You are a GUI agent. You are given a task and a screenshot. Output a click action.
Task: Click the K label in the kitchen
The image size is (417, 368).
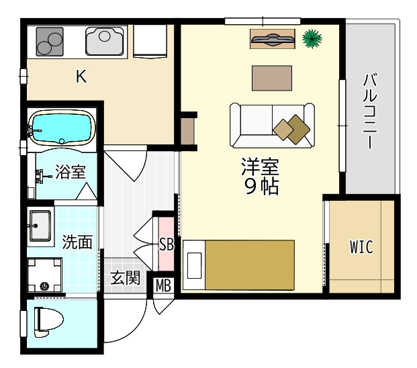(x=81, y=77)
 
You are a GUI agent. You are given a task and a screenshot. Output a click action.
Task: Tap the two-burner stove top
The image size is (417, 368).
(x=50, y=42)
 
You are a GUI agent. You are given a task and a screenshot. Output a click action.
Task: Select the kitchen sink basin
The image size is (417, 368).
(x=105, y=41)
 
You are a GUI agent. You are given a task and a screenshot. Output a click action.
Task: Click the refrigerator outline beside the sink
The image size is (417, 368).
(x=150, y=41)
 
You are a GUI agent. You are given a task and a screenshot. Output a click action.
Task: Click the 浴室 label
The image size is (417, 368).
(x=71, y=172)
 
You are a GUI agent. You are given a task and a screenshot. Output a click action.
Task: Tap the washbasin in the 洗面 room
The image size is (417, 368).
(x=40, y=226)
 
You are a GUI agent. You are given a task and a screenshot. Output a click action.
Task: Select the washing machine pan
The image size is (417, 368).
(x=45, y=275)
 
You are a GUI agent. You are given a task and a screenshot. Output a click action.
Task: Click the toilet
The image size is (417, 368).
(x=48, y=322)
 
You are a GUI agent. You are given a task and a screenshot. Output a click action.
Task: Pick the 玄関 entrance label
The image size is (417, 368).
(x=125, y=278)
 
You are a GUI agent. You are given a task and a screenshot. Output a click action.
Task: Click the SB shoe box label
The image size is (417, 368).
(x=167, y=244)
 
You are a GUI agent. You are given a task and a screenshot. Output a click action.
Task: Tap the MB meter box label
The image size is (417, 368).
(x=163, y=285)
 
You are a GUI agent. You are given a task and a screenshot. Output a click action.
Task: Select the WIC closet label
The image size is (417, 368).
(x=361, y=247)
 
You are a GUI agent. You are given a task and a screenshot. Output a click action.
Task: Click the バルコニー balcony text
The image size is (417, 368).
(x=370, y=111)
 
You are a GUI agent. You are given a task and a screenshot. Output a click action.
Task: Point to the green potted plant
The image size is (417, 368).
(x=312, y=39)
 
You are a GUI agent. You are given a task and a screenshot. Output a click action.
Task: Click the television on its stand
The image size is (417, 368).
(x=273, y=39)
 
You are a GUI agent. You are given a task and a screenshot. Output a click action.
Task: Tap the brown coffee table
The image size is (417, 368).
(x=272, y=78)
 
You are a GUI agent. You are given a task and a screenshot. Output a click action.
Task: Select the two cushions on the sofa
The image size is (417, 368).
(x=291, y=129)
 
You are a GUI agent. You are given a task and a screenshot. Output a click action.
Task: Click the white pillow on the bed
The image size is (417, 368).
(x=195, y=265)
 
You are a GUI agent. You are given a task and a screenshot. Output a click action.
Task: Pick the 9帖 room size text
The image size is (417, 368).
(x=261, y=187)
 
